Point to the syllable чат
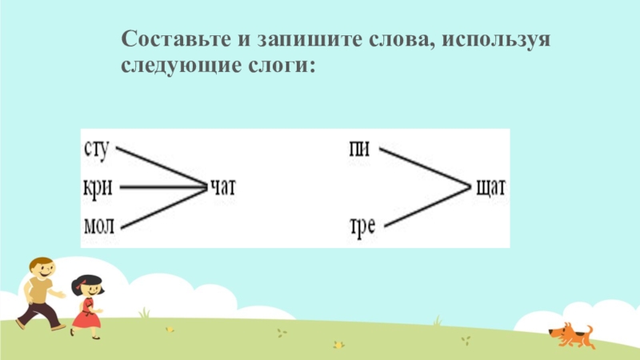[224, 188]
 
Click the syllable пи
[359, 149]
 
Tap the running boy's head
[42, 268]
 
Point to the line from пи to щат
[424, 167]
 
